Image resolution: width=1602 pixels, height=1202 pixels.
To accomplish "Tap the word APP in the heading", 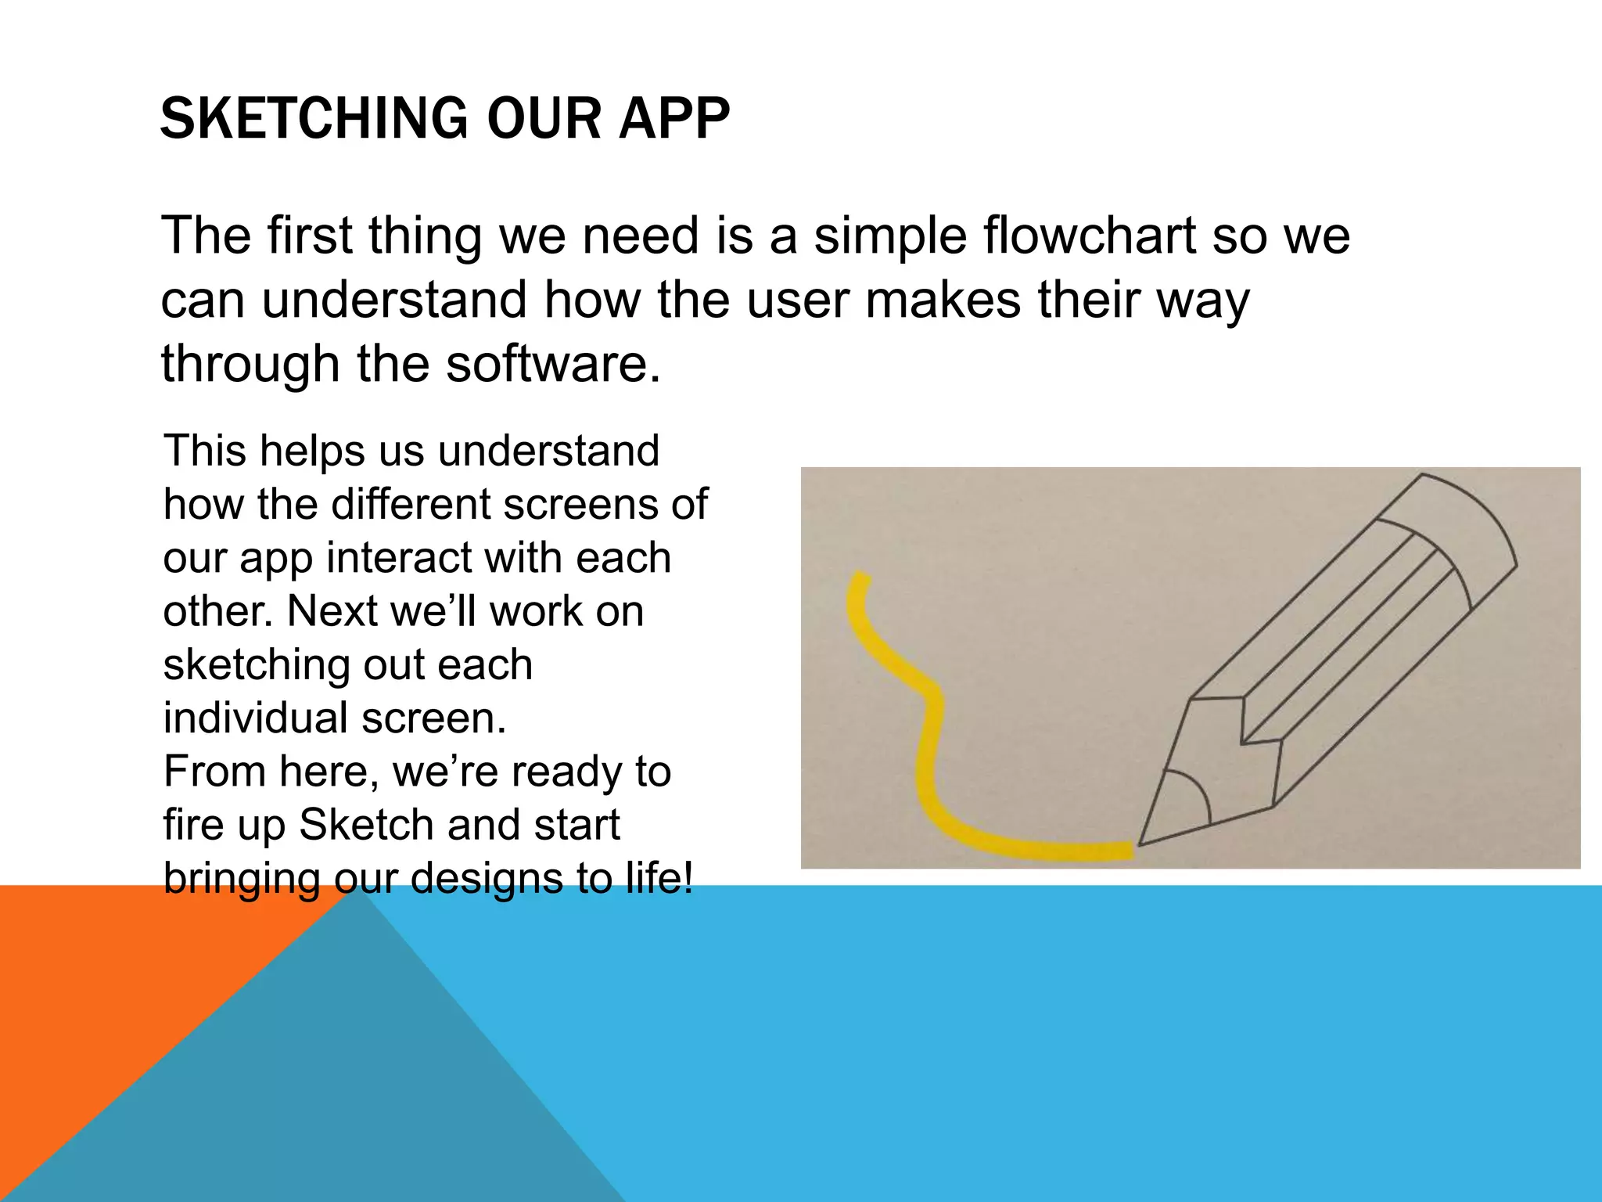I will pyautogui.click(x=674, y=119).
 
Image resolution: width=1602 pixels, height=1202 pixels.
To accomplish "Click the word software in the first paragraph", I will pyautogui.click(x=553, y=364).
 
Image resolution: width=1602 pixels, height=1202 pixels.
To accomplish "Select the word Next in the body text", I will pyautogui.click(x=332, y=611).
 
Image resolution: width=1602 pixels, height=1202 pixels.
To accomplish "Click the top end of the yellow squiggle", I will pyautogui.click(x=861, y=577).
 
